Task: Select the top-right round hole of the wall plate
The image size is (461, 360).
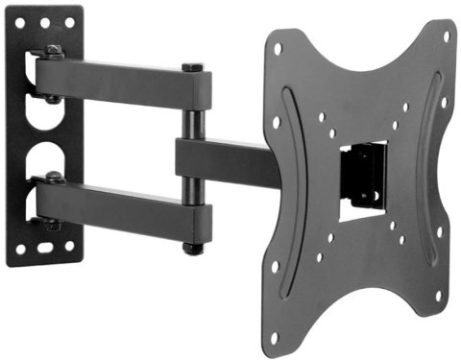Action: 68,21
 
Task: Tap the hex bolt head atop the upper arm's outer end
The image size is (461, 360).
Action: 193,68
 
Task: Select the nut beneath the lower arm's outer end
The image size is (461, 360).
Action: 193,249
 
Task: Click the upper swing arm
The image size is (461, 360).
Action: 125,83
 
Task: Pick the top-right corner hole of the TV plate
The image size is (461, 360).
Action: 446,36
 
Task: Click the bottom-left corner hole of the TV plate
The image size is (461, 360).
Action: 279,336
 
